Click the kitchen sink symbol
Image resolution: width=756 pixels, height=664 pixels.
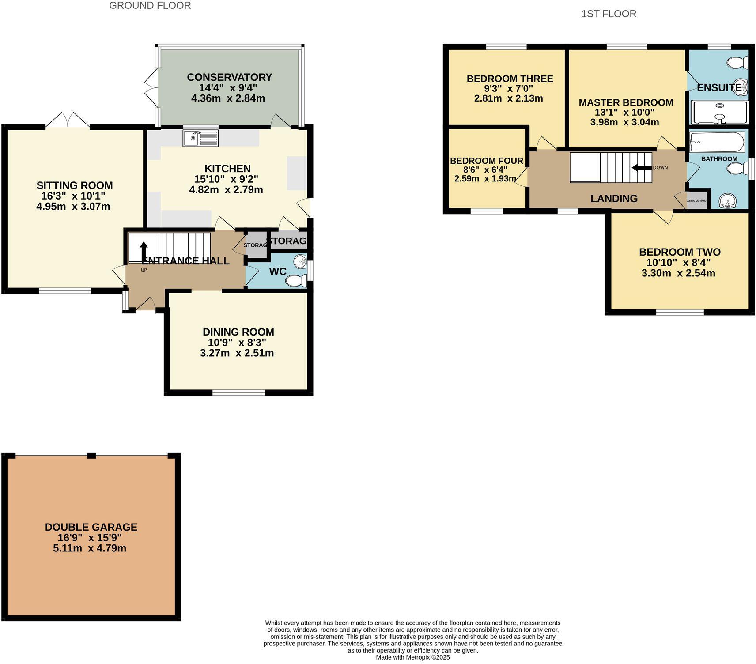tap(200, 138)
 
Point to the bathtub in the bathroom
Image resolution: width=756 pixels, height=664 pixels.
tap(717, 142)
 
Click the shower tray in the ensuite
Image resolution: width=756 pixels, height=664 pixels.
tap(720, 113)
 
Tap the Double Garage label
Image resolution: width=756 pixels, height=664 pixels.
tap(91, 527)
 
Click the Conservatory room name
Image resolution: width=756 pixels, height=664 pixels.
tap(229, 77)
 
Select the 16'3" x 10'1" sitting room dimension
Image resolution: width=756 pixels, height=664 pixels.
tap(74, 196)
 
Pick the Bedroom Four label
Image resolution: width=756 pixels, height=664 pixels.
tap(486, 161)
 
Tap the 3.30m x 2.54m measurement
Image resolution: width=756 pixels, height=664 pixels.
tap(678, 273)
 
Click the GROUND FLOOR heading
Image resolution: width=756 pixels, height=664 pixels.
tap(150, 6)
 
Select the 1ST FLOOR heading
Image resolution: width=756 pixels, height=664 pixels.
tap(609, 14)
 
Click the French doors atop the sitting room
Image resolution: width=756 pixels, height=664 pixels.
tap(68, 121)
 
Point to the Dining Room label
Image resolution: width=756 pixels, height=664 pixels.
tap(238, 332)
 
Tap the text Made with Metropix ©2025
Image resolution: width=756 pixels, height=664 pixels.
tap(412, 657)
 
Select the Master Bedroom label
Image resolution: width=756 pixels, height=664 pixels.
tap(626, 102)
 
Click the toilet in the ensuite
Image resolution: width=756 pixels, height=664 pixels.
tap(738, 63)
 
